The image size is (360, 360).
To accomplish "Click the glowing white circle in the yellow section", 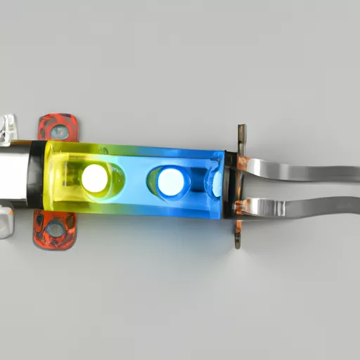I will pyautogui.click(x=94, y=179).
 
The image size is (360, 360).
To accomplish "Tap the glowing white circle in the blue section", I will pyautogui.click(x=170, y=182).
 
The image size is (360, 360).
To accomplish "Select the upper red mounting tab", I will pyautogui.click(x=57, y=127).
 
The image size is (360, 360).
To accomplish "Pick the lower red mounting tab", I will pyautogui.click(x=53, y=229).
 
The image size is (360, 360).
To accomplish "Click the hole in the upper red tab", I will pyautogui.click(x=61, y=131).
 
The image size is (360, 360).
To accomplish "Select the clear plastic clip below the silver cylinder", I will pyautogui.click(x=6, y=221).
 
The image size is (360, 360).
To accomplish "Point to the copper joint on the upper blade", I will pyautogui.click(x=243, y=164).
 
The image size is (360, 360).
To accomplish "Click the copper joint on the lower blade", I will pyautogui.click(x=243, y=207).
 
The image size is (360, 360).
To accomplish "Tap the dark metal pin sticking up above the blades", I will pyautogui.click(x=242, y=137).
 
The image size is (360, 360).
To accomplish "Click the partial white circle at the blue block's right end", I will pyautogui.click(x=217, y=184).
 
